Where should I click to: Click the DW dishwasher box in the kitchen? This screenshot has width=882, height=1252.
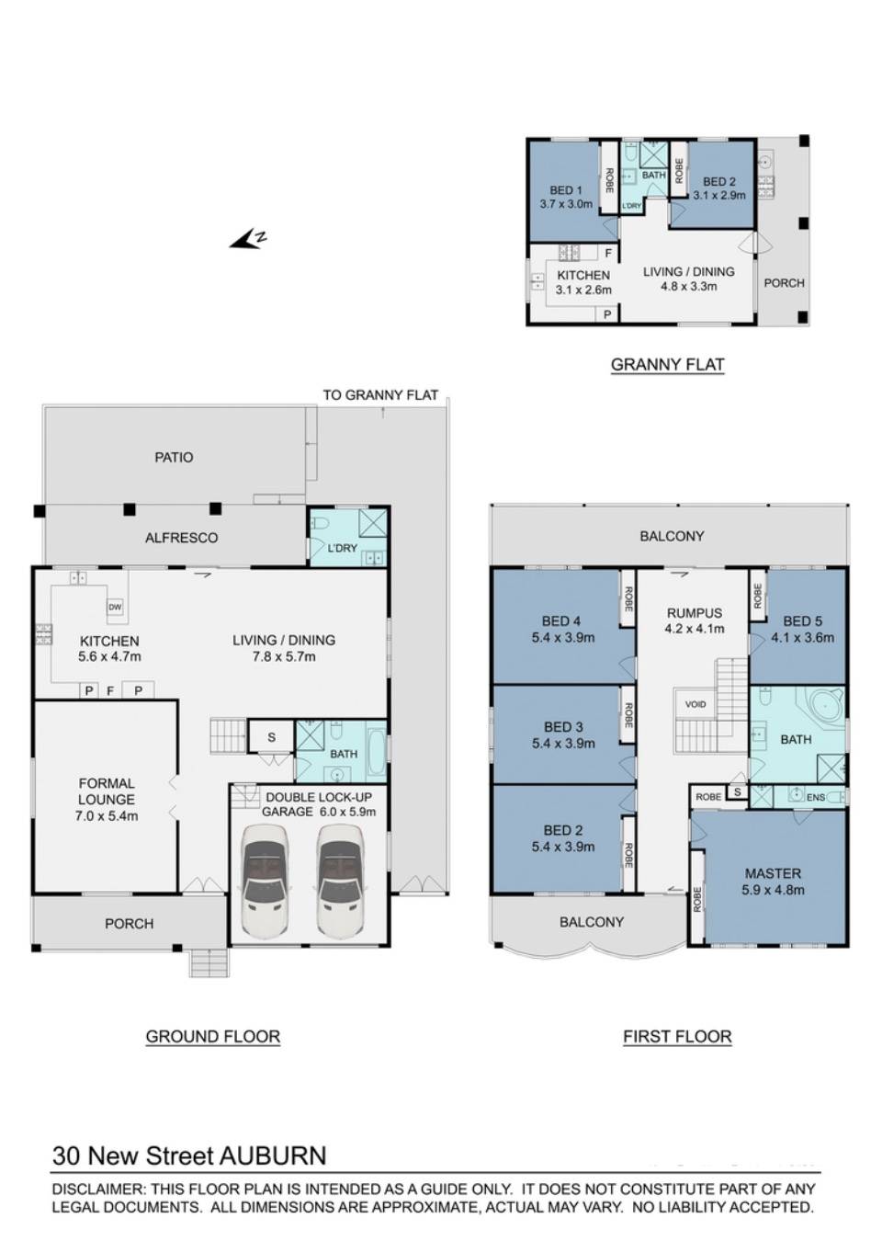click(115, 607)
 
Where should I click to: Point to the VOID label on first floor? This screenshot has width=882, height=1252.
click(695, 704)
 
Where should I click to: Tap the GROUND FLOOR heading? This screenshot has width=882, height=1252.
click(212, 1036)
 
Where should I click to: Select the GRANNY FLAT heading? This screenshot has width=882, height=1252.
click(667, 364)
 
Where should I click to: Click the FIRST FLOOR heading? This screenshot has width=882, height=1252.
click(677, 1036)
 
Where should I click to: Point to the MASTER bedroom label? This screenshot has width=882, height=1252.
click(773, 873)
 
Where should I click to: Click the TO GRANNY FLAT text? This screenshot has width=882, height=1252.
click(380, 395)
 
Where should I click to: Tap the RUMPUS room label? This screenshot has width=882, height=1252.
click(695, 613)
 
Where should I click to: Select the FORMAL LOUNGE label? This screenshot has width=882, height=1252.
click(107, 791)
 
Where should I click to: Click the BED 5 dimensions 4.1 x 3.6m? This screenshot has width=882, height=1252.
click(802, 637)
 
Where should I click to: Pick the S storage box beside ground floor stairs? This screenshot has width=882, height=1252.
click(271, 737)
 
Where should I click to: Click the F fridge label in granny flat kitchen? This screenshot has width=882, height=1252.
click(607, 253)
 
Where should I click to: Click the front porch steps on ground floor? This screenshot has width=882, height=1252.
click(209, 962)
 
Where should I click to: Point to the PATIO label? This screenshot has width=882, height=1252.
click(174, 457)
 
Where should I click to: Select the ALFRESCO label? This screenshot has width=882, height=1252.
click(181, 538)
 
